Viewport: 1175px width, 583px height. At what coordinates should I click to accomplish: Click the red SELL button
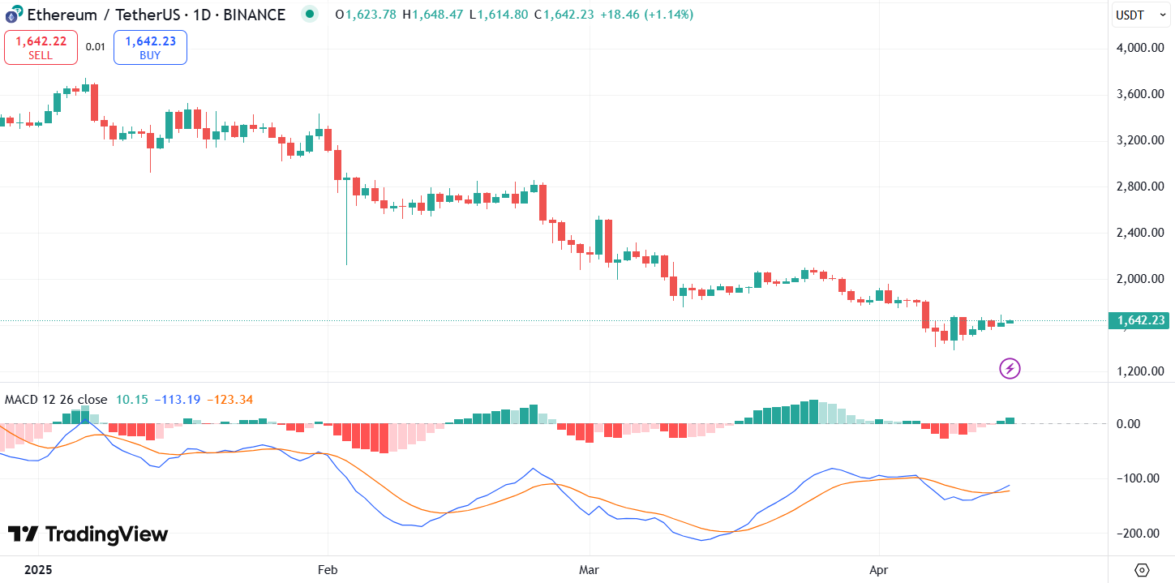tap(41, 47)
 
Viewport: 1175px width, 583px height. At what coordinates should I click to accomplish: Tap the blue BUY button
tap(150, 47)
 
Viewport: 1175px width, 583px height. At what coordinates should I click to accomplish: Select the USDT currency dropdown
tap(1140, 15)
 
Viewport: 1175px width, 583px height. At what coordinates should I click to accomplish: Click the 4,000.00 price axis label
tap(1140, 48)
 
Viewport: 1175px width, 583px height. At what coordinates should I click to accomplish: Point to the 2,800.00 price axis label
tap(1140, 186)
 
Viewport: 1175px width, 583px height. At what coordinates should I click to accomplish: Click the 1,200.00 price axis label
tap(1140, 371)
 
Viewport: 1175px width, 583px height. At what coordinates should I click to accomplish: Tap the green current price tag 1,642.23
tap(1141, 320)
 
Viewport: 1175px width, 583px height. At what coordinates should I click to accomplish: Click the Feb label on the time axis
tap(327, 570)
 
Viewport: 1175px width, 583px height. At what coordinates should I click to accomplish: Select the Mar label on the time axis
tap(590, 570)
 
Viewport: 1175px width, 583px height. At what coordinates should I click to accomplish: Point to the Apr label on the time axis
tap(879, 570)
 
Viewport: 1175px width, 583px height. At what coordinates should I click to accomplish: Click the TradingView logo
tap(88, 534)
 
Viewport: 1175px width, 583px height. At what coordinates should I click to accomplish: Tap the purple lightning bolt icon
tap(1010, 369)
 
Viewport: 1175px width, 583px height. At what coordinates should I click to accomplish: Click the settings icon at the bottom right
tap(1142, 570)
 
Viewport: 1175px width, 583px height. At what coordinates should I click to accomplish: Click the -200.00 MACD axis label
tap(1140, 533)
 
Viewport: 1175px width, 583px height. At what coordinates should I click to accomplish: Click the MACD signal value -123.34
tap(230, 399)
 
